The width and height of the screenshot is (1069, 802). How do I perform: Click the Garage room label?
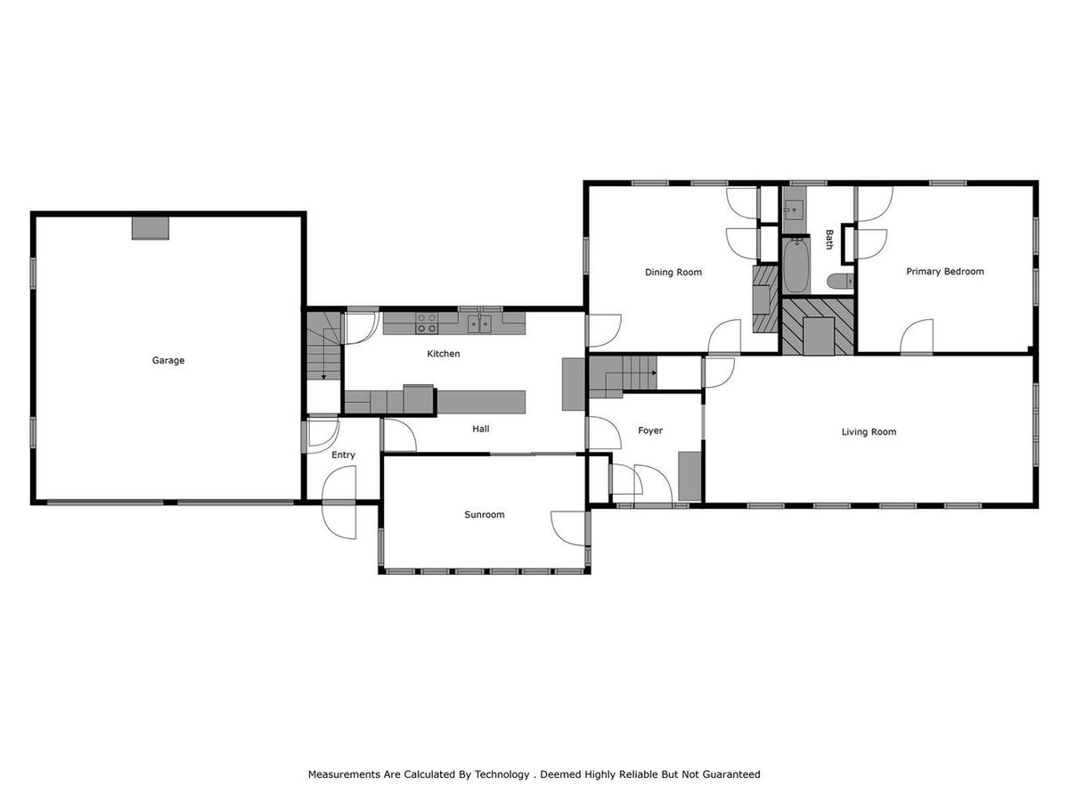click(x=168, y=361)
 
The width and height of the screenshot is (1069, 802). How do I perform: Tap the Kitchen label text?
click(x=444, y=354)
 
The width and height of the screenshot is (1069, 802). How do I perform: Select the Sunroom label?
click(x=485, y=515)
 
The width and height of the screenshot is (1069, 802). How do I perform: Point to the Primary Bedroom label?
click(x=945, y=272)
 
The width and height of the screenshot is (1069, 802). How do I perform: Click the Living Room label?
click(x=869, y=432)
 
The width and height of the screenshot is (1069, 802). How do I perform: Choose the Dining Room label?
click(x=673, y=273)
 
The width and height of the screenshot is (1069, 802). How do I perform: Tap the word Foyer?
click(x=650, y=430)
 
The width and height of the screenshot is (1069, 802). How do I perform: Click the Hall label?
click(x=481, y=429)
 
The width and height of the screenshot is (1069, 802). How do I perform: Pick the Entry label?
click(x=343, y=455)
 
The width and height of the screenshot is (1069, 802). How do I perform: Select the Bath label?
click(x=829, y=240)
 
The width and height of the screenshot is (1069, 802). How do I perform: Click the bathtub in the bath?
click(x=796, y=266)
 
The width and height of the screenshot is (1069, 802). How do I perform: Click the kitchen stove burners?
click(x=427, y=323)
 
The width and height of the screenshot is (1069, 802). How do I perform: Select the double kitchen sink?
click(x=482, y=323)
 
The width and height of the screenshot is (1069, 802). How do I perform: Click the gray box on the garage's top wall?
click(x=150, y=227)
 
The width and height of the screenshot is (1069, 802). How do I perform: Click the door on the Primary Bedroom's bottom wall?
click(x=917, y=338)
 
